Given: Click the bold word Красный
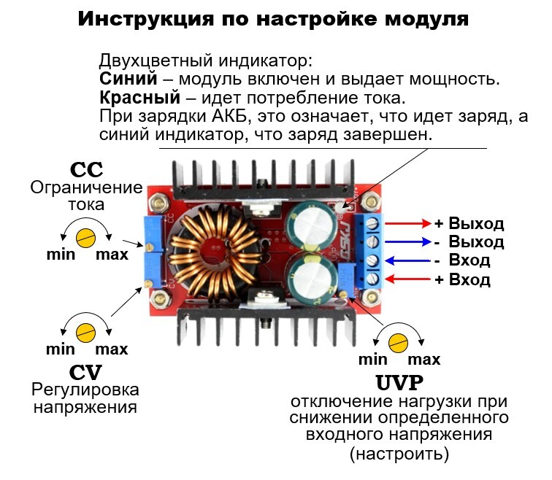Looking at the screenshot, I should (139, 98).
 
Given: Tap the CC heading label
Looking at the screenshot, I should (86, 169).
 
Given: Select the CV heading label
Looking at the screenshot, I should (86, 371).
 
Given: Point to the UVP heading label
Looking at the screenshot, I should (399, 382).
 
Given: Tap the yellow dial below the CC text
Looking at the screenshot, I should (87, 236).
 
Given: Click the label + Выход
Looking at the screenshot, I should (469, 223).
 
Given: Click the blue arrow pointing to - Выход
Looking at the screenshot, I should (407, 241).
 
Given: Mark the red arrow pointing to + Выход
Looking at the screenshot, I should (407, 223).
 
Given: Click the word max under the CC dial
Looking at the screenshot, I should (112, 255).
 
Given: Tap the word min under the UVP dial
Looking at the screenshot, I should (372, 359).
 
